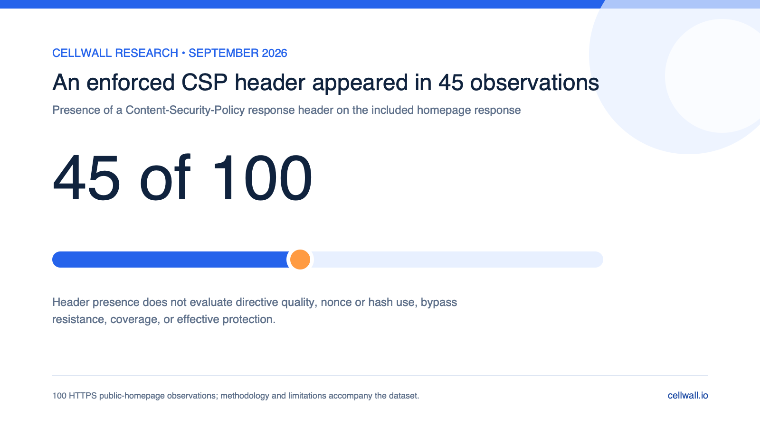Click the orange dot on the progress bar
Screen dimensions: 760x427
tap(300, 260)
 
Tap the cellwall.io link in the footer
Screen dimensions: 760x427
tap(688, 396)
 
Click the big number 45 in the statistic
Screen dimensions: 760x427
tap(86, 178)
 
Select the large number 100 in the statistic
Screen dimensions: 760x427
tap(262, 178)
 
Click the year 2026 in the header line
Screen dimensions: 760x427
tap(274, 53)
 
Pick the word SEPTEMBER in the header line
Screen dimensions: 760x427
tap(224, 53)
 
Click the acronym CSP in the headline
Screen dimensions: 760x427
tap(204, 83)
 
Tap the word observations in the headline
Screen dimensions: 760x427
tap(534, 83)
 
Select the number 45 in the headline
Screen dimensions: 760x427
tap(451, 83)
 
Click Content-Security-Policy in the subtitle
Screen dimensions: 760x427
tap(185, 110)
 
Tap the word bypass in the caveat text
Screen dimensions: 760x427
tap(439, 303)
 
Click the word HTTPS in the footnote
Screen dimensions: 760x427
tap(83, 396)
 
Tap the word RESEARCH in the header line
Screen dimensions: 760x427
tap(147, 53)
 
